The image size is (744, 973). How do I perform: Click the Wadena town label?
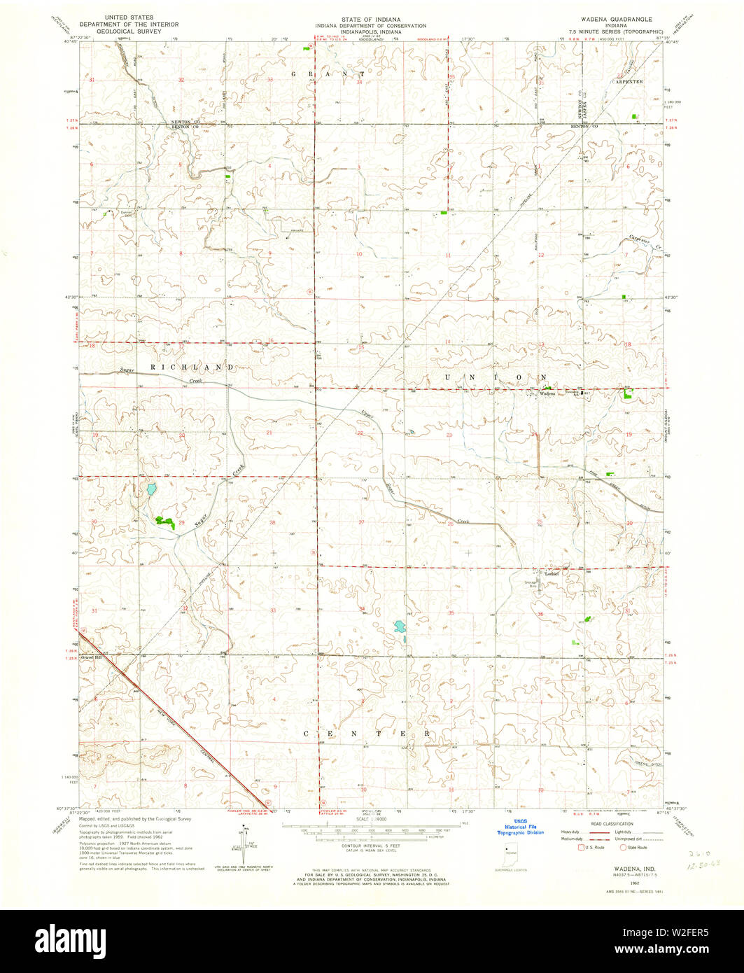pyautogui.click(x=547, y=393)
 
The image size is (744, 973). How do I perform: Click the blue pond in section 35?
pyautogui.click(x=400, y=626)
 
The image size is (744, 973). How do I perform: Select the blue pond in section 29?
pyautogui.click(x=150, y=488)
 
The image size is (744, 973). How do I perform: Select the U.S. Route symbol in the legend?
pyautogui.click(x=580, y=848)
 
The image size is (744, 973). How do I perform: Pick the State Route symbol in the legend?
pyautogui.click(x=623, y=848)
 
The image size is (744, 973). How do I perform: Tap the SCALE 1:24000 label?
pyautogui.click(x=372, y=820)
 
